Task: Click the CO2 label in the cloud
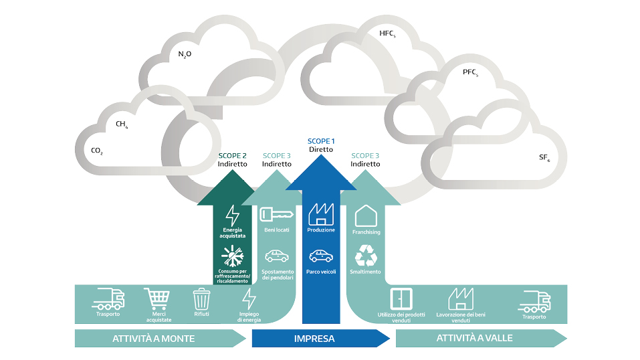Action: click(x=97, y=151)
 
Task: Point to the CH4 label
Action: click(x=122, y=124)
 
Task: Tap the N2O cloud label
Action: click(x=185, y=54)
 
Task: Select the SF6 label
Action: click(x=544, y=158)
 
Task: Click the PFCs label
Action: click(x=470, y=72)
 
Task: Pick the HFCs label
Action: click(x=387, y=33)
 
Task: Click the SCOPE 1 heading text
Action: click(x=321, y=141)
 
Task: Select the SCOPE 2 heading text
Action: click(x=232, y=156)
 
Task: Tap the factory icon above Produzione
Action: click(x=321, y=214)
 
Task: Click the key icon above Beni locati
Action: click(x=277, y=215)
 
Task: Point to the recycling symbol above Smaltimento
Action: click(x=366, y=256)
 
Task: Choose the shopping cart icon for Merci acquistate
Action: click(x=157, y=299)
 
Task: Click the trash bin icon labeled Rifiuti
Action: click(x=202, y=299)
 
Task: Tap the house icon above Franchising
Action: click(x=366, y=215)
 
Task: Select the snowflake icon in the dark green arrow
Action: click(x=233, y=256)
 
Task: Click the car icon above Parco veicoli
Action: click(x=321, y=256)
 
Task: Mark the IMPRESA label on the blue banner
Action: click(x=314, y=339)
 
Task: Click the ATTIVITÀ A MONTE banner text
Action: click(x=153, y=339)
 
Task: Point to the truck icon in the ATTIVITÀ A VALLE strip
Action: click(x=534, y=302)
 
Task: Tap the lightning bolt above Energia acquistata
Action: click(x=233, y=215)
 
